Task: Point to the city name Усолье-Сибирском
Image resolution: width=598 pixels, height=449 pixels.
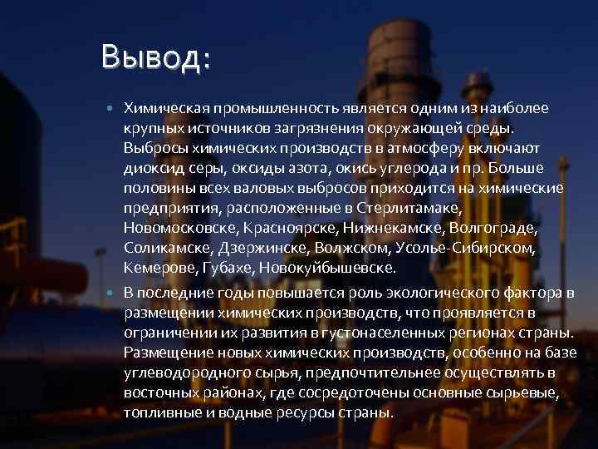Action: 482,249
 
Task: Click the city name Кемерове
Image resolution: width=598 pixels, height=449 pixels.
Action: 159,269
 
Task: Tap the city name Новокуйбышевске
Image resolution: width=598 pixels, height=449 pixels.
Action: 327,269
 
